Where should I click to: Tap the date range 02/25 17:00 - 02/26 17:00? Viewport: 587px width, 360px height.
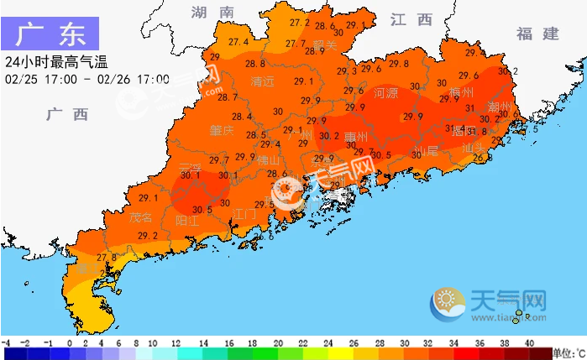[x=86, y=79]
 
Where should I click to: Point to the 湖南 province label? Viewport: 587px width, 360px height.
[x=212, y=12]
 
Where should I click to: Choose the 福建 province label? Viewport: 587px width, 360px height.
[x=537, y=34]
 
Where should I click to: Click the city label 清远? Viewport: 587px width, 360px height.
[x=263, y=81]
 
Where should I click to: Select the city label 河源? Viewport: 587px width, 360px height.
[x=385, y=92]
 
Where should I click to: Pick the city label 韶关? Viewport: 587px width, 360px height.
[x=324, y=44]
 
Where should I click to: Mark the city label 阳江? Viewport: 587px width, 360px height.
[x=187, y=221]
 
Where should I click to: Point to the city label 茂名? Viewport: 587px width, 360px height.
[x=141, y=217]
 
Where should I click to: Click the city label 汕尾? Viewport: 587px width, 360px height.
[x=427, y=151]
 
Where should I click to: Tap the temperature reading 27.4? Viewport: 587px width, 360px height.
[x=238, y=42]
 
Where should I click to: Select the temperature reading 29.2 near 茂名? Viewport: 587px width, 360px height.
[x=148, y=237]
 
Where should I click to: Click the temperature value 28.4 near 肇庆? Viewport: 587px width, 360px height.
[x=242, y=117]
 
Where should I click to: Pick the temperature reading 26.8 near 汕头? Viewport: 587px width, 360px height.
[x=483, y=158]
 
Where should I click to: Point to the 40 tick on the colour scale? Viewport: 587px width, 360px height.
[x=529, y=343]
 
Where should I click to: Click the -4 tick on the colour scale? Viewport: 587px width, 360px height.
[x=6, y=343]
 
